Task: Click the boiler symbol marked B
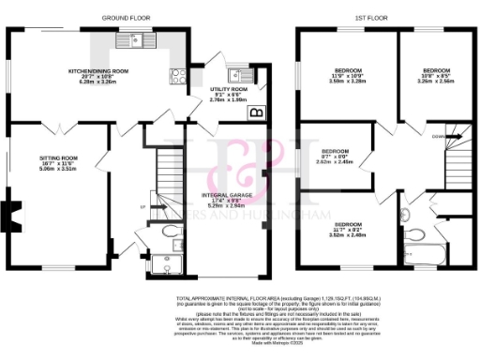(254, 112)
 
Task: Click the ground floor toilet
(169, 231)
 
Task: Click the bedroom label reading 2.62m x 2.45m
(335, 156)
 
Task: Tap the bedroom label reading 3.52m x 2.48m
(348, 230)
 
